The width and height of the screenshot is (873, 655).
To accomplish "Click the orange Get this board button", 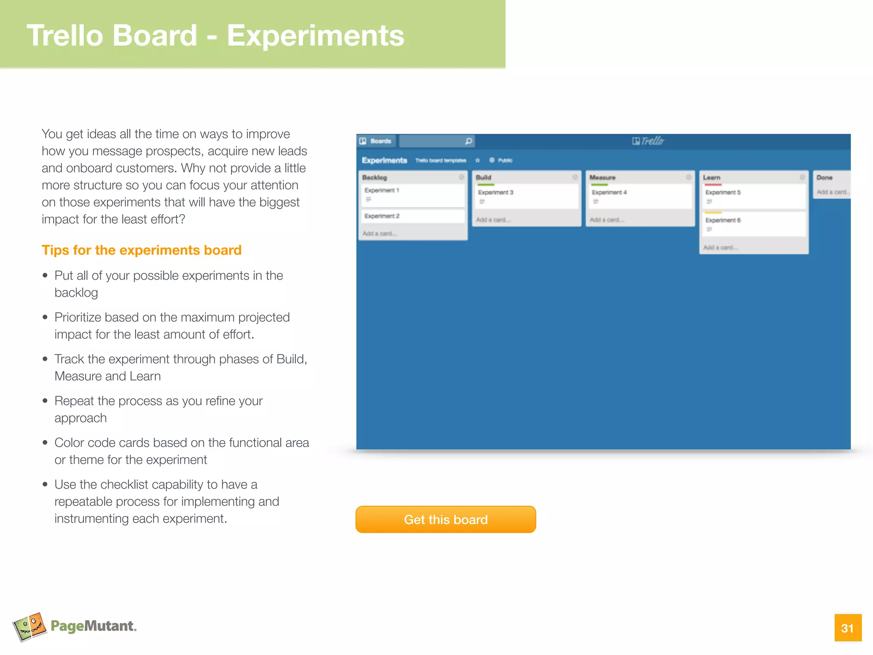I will tap(445, 519).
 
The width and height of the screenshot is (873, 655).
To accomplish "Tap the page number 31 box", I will tap(847, 628).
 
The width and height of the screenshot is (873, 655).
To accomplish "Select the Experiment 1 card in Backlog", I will tap(412, 195).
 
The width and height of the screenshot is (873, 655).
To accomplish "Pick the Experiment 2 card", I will tap(412, 216).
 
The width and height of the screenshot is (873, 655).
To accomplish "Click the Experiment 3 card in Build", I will tap(526, 196).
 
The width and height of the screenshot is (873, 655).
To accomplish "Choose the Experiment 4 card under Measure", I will tap(640, 196).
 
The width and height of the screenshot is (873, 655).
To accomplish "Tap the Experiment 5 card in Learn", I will tap(753, 196).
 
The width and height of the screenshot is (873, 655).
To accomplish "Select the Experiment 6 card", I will tap(753, 224).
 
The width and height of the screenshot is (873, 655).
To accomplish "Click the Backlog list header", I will tap(375, 177).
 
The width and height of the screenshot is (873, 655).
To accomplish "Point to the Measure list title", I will tap(602, 177).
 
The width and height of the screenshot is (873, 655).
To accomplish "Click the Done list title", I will tap(824, 177).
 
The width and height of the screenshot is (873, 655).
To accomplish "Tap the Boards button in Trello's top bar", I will tap(376, 141).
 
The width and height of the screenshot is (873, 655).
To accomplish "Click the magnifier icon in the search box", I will tap(468, 141).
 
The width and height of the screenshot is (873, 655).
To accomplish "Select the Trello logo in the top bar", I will tap(648, 141).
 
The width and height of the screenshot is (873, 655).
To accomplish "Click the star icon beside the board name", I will tap(477, 160).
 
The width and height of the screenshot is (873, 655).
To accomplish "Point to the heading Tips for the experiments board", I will tap(142, 250).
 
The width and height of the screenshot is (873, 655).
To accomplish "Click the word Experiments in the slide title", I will tap(315, 35).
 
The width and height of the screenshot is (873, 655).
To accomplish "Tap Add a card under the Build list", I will tap(493, 220).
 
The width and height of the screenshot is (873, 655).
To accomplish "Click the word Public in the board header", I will tap(505, 160).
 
